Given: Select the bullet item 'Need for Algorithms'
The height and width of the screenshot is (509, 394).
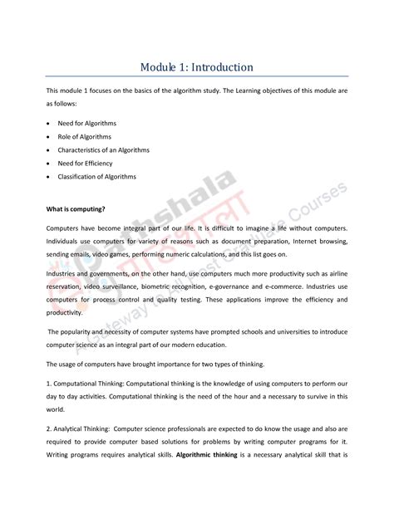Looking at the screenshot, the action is [87, 123].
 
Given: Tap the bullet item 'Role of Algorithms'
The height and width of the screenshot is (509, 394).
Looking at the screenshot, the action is [84, 136].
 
